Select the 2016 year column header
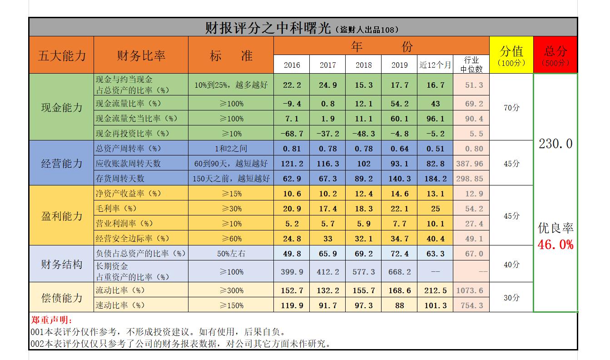(292, 65)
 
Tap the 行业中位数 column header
(471, 65)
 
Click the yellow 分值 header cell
(511, 55)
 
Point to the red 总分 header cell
(555, 55)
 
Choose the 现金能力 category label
(62, 108)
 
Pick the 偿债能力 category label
(62, 298)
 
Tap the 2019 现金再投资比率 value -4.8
(400, 134)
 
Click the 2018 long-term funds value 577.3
(363, 272)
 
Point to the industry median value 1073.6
(471, 290)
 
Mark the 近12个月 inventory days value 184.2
(436, 179)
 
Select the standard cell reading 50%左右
(231, 254)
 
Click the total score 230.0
(555, 144)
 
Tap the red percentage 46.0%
(555, 245)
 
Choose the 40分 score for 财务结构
(511, 264)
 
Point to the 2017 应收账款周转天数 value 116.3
(327, 164)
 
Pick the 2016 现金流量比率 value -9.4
(292, 104)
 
